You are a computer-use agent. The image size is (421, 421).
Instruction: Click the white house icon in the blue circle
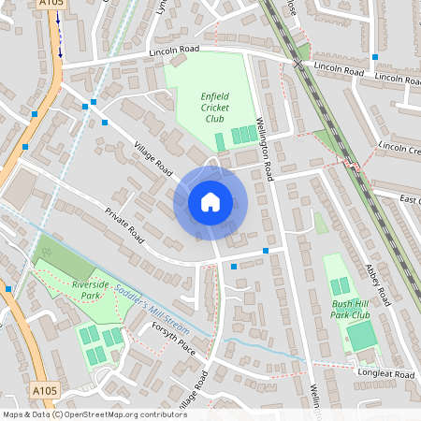(x=210, y=201)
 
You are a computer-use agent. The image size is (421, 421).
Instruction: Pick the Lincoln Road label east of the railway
(x=339, y=69)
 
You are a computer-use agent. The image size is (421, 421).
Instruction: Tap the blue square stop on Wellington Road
(x=267, y=251)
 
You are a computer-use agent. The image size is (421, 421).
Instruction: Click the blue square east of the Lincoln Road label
(x=374, y=57)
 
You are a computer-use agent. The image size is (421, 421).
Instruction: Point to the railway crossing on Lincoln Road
(x=298, y=64)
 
